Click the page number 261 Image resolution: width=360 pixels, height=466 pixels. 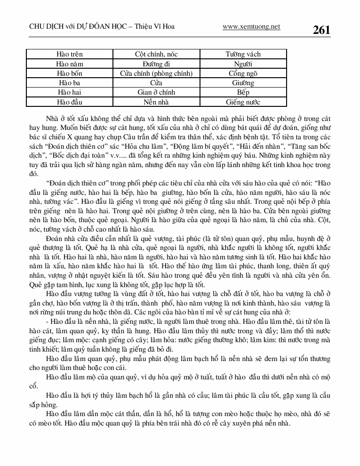tap(321, 30)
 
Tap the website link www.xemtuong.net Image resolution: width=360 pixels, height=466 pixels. tap(251, 27)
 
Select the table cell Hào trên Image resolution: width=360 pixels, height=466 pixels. tap(69, 55)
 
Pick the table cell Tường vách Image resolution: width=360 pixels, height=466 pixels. tap(243, 55)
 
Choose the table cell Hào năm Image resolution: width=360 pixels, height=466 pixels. tap(69, 64)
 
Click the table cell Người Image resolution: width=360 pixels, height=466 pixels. tap(243, 64)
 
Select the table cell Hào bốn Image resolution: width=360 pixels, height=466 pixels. tap(69, 73)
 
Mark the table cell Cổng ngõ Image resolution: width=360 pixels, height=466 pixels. tap(243, 73)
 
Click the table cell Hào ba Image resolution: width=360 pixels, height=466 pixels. tap(69, 83)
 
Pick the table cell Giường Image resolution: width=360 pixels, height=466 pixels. tap(243, 83)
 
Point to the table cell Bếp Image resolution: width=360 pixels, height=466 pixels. tap(243, 93)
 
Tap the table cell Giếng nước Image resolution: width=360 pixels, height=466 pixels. tap(243, 102)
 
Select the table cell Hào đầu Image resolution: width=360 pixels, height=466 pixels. tap(69, 102)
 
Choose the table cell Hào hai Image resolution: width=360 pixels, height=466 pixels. tap(69, 93)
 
